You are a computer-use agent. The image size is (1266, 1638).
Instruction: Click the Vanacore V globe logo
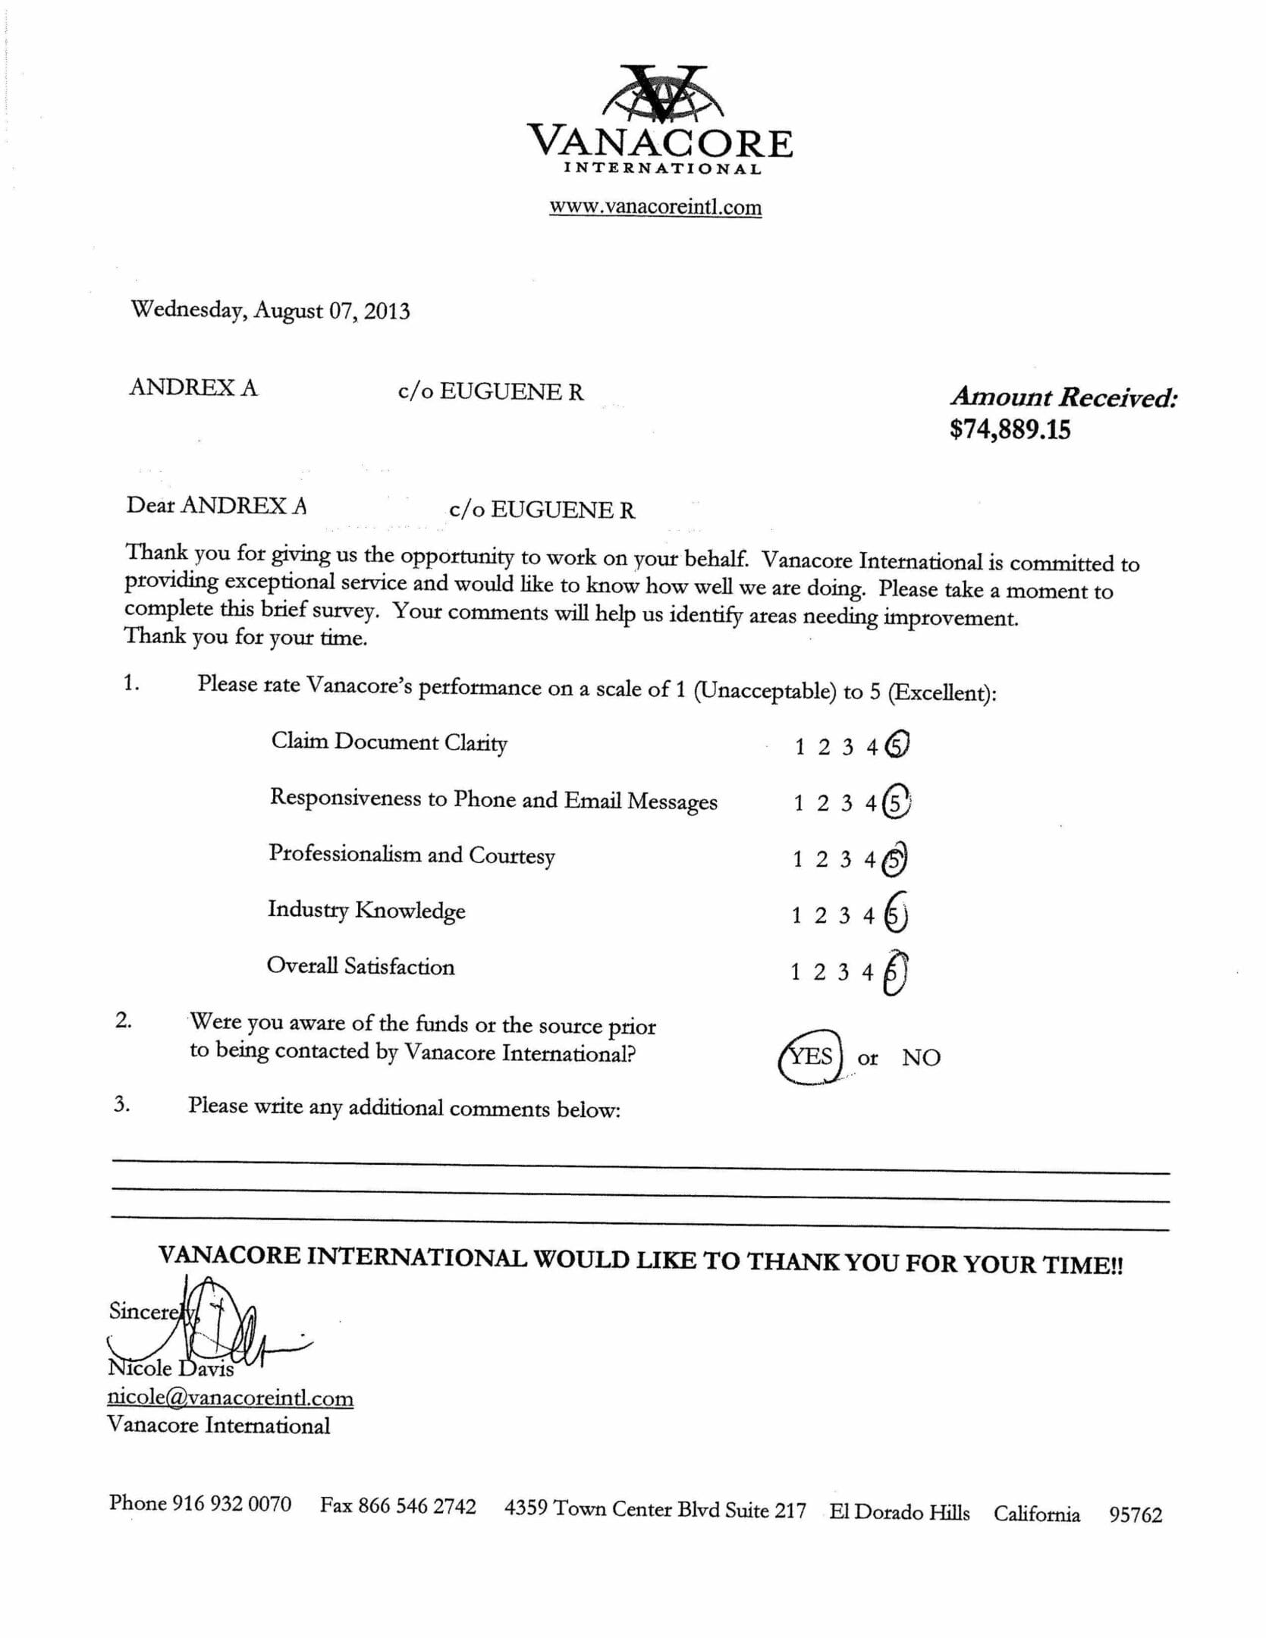coord(659,95)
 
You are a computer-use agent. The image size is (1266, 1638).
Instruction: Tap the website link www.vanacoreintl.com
coord(655,207)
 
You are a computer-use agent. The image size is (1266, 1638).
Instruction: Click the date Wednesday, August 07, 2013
coord(270,310)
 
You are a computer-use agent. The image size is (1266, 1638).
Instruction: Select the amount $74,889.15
coord(1010,430)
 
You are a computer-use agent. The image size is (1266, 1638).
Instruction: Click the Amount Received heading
coord(1064,397)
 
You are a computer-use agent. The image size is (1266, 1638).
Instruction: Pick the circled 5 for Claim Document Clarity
coord(897,745)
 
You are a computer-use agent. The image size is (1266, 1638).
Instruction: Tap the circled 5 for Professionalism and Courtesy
coord(895,859)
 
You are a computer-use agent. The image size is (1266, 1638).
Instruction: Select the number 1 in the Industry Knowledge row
coord(796,916)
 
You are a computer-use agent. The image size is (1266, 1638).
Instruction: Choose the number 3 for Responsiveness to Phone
coord(847,803)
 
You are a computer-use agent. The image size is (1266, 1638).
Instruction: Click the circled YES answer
coord(811,1056)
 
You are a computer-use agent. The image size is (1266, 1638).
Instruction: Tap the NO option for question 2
coord(921,1057)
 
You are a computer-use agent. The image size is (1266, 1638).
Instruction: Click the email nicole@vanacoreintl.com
coord(231,1398)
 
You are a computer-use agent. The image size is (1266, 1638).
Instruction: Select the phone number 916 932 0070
coord(231,1503)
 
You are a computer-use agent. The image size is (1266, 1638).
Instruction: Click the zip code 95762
coord(1136,1514)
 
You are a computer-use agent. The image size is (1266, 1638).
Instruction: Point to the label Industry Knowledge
coord(366,910)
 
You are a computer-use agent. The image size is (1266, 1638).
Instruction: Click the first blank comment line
coord(640,1167)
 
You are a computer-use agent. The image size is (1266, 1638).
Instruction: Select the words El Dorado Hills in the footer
coord(900,1512)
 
